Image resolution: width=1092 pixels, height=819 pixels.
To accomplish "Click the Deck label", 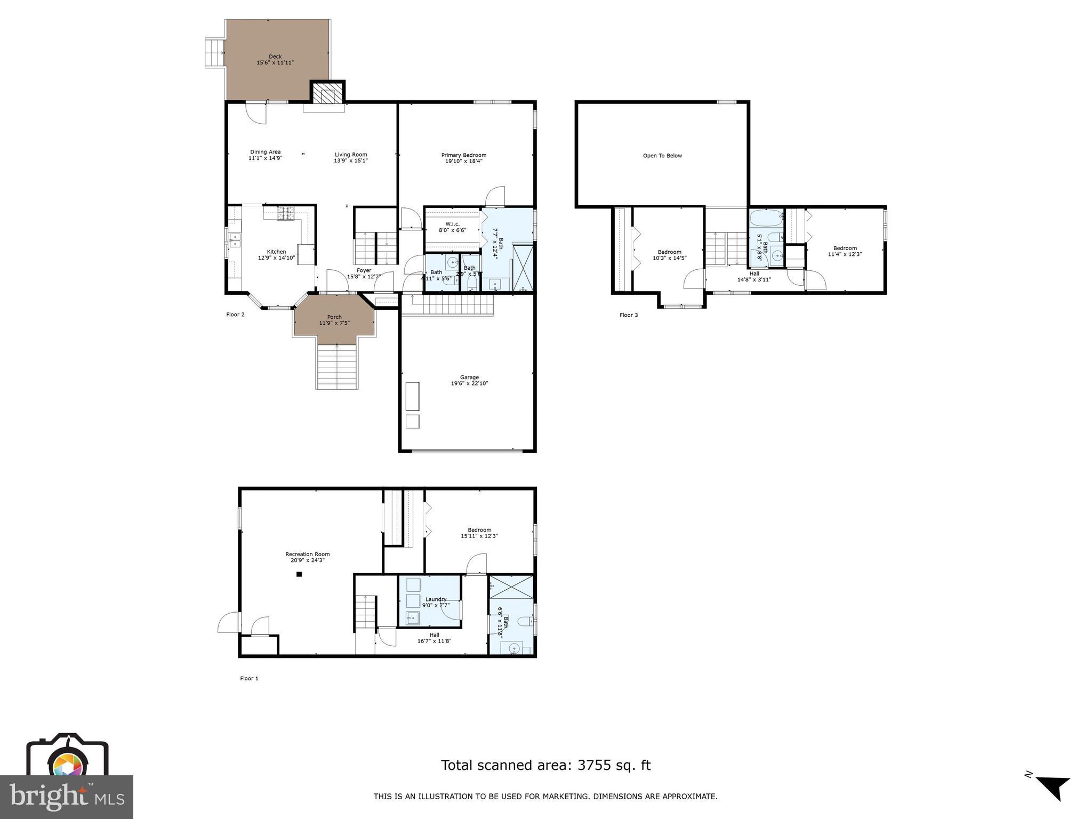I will [x=275, y=57].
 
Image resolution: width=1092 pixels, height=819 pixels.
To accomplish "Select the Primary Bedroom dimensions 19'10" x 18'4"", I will [x=463, y=161].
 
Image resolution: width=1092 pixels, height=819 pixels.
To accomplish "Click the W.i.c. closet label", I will [x=452, y=224].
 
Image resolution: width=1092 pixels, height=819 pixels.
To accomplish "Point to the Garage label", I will [x=469, y=378].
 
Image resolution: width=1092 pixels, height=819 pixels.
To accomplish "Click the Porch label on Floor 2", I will [x=334, y=317].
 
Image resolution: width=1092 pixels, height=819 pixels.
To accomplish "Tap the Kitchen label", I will [x=276, y=252].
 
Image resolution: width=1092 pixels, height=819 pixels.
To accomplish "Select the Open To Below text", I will [x=662, y=156].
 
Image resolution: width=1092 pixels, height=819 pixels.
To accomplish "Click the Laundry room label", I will [x=436, y=599].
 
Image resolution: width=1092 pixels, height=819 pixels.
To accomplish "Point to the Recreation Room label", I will [x=307, y=555].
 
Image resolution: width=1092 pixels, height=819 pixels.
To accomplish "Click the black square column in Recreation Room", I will [x=299, y=574].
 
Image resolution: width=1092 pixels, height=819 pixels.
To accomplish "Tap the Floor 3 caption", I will [x=628, y=315].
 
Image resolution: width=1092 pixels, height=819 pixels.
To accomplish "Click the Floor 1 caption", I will [x=249, y=679].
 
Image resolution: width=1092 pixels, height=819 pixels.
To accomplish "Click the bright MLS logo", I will [x=67, y=797].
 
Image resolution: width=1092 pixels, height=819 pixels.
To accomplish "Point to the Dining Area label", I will [x=265, y=152].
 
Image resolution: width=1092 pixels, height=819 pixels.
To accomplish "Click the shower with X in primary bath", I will [x=522, y=267].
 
